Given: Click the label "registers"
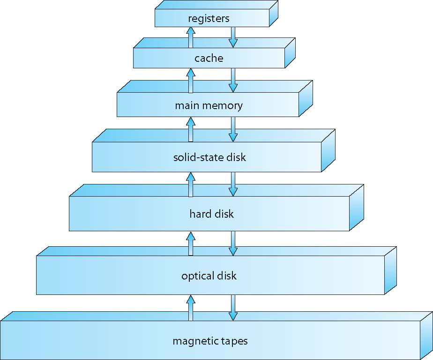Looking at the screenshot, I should (209, 19).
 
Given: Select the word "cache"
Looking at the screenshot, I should (209, 59).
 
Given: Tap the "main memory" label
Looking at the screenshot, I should (209, 105).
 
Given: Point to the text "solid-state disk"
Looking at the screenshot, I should (209, 157).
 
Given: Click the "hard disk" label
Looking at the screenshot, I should (211, 214).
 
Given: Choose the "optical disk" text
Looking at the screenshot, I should (209, 275).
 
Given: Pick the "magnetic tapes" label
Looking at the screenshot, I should (210, 340).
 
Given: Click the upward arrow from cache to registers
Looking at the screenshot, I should (190, 37).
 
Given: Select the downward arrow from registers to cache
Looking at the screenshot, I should (233, 37).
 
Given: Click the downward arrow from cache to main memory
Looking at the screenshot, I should (233, 80).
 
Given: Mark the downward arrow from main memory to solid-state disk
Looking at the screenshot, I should (233, 129).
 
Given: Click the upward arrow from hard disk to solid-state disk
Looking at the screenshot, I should (190, 184).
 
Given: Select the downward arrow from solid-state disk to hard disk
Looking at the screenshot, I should (233, 184).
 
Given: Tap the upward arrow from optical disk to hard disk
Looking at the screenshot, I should (190, 243).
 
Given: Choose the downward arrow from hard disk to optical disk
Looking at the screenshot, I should (233, 243).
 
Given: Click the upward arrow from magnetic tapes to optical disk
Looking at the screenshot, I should (190, 307).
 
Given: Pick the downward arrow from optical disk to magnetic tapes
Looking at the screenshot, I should (233, 307).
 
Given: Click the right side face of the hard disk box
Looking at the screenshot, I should (357, 208).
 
